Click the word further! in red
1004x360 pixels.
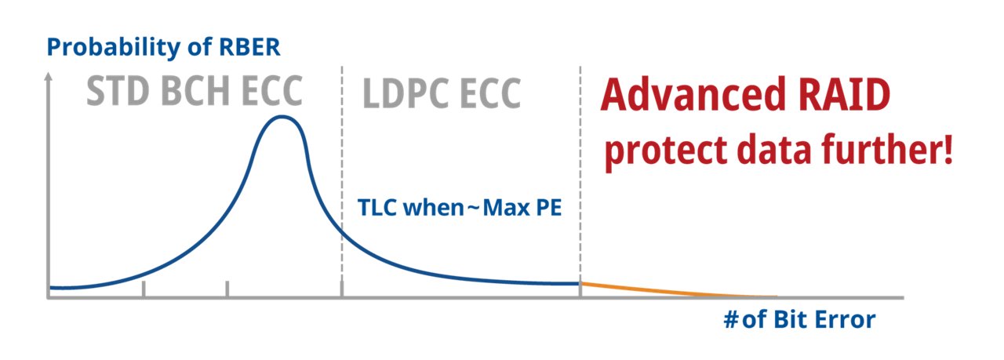pyautogui.click(x=887, y=149)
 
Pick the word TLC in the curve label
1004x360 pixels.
pyautogui.click(x=374, y=209)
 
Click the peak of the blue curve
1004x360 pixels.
pyautogui.click(x=282, y=118)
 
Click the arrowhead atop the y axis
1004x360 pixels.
pyautogui.click(x=49, y=78)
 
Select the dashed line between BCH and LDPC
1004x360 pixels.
pyautogui.click(x=342, y=180)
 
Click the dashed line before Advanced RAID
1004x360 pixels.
pyautogui.click(x=580, y=180)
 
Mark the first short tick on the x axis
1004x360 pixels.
pyautogui.click(x=144, y=289)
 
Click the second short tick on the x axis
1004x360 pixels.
pyautogui.click(x=227, y=289)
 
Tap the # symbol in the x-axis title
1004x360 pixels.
pyautogui.click(x=729, y=320)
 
